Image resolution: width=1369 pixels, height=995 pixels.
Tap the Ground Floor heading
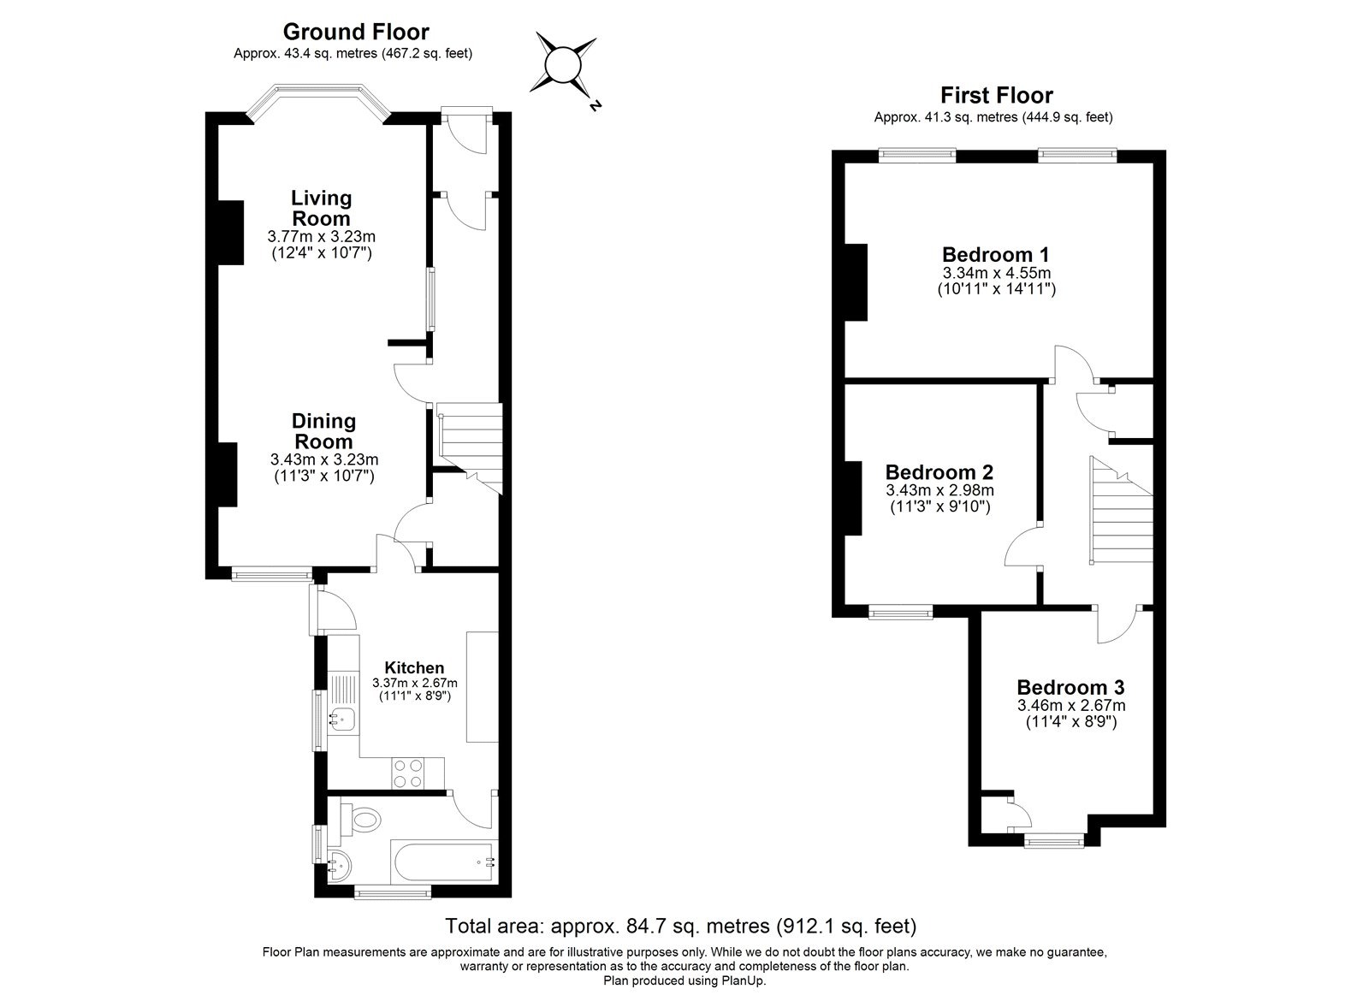(356, 33)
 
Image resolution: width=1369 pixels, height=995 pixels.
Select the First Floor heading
(996, 95)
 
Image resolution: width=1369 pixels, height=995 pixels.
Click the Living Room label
(321, 208)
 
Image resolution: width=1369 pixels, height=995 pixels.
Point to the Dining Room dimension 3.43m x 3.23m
(323, 459)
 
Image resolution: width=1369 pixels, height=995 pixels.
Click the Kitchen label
(414, 668)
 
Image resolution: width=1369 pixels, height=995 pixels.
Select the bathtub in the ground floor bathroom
(443, 862)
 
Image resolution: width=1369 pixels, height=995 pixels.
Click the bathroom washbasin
(337, 865)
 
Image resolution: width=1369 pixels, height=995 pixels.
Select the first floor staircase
(1120, 513)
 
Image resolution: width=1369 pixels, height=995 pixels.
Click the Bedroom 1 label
(995, 254)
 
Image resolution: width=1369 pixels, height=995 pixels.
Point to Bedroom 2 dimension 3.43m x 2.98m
(939, 490)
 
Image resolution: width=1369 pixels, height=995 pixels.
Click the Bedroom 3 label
(1070, 687)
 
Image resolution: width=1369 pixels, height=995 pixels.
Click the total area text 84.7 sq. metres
(680, 926)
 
